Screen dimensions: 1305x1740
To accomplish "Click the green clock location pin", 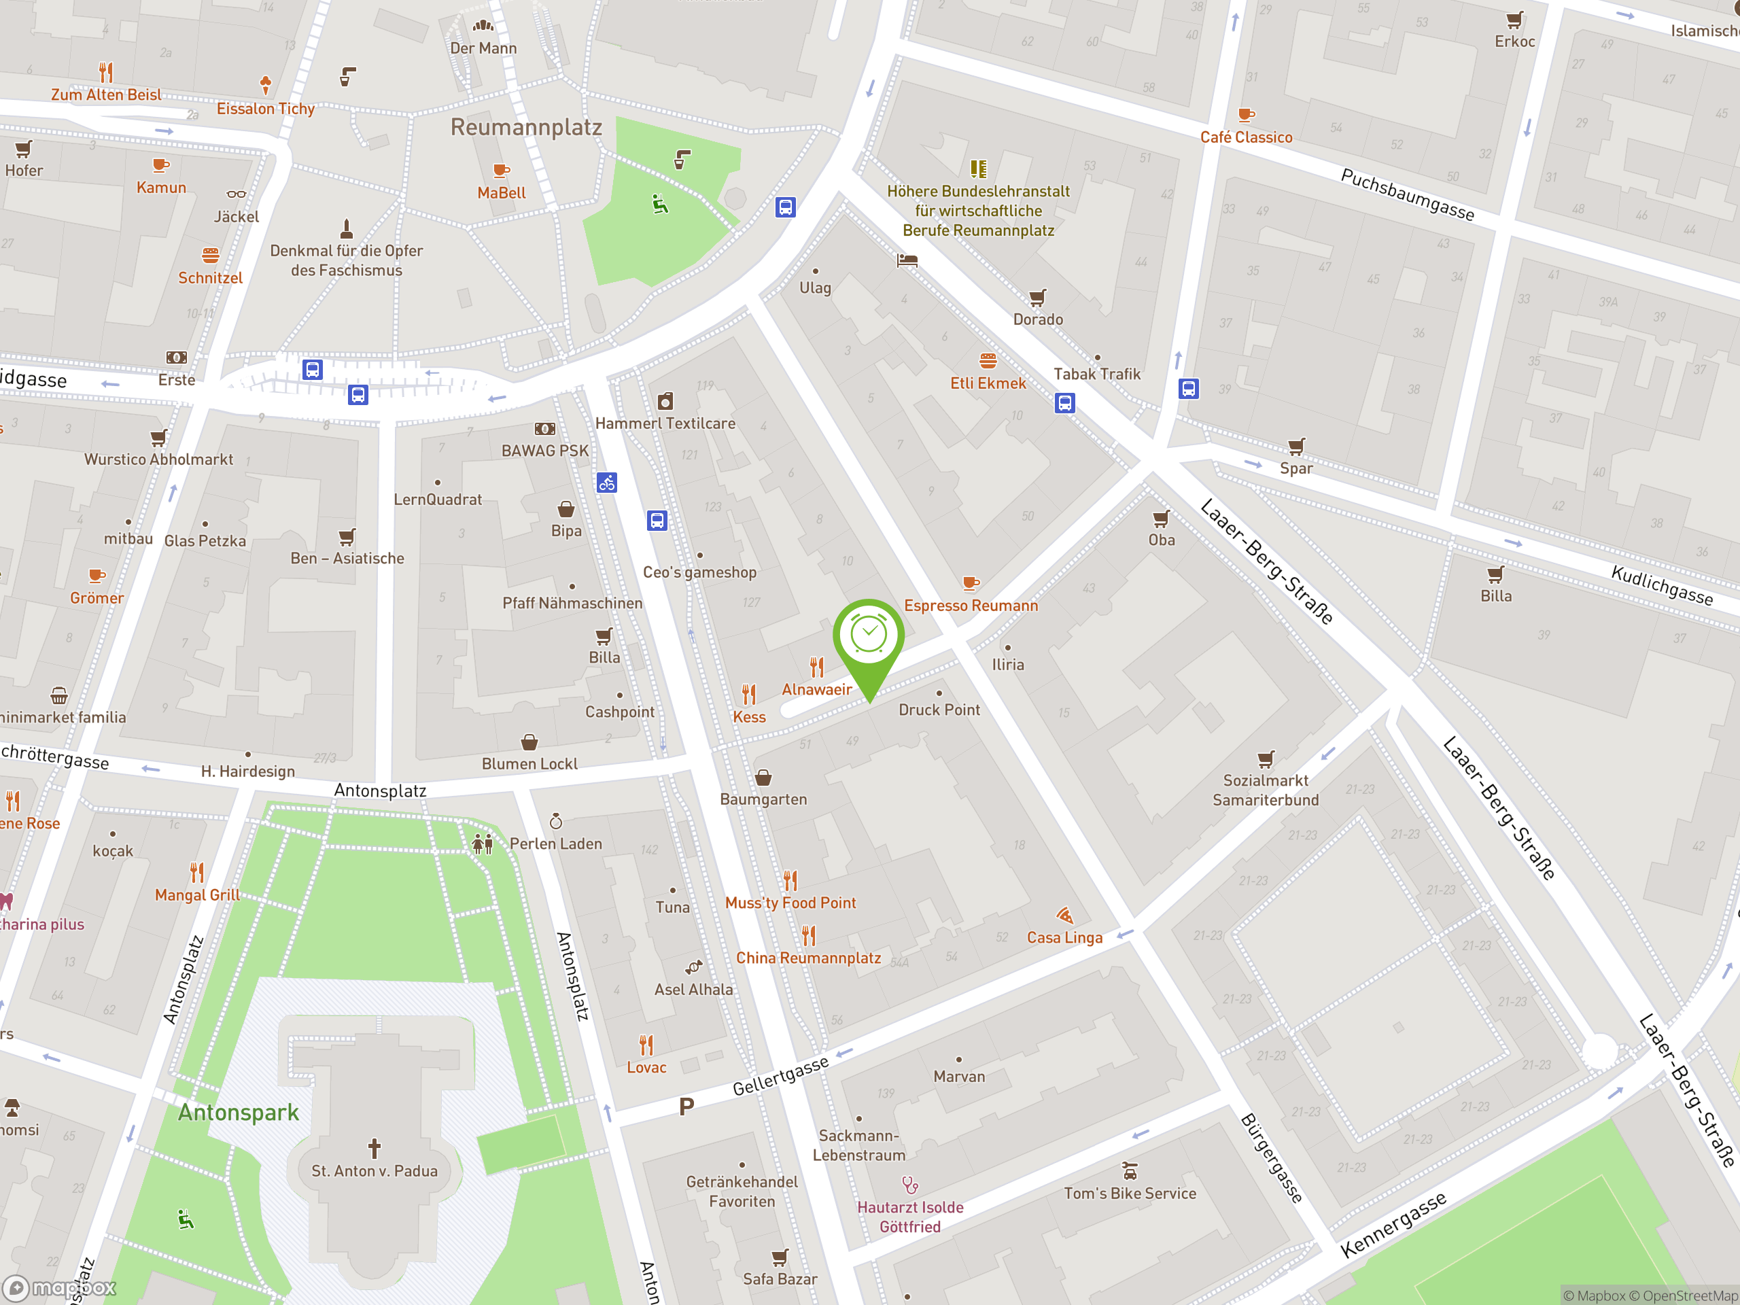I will (869, 637).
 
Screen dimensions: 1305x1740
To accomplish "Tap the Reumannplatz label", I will (525, 126).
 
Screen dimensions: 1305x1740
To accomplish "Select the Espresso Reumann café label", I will (971, 606).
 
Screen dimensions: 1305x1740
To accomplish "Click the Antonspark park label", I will (239, 1112).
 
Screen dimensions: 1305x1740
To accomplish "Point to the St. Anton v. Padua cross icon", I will (375, 1148).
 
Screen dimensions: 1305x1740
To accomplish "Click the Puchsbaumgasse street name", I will (1407, 194).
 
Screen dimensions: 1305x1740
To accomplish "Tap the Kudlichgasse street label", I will (1661, 585).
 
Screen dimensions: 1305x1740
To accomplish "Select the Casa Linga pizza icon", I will (1065, 915).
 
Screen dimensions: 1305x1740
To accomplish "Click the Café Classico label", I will (1246, 137).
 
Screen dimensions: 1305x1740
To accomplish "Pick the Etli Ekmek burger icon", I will (988, 361).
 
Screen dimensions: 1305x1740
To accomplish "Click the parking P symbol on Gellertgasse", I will (686, 1107).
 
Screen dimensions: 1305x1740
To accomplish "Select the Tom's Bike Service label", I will (1130, 1194).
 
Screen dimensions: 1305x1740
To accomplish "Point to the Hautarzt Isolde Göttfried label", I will (910, 1216).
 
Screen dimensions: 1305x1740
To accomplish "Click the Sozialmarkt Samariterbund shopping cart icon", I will (1266, 759).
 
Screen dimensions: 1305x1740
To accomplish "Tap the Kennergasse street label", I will (1393, 1224).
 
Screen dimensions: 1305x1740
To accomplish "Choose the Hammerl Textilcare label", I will (665, 423).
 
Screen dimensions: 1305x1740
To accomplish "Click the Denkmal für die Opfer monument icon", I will (346, 229).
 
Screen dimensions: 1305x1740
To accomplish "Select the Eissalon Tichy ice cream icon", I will (266, 84).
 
